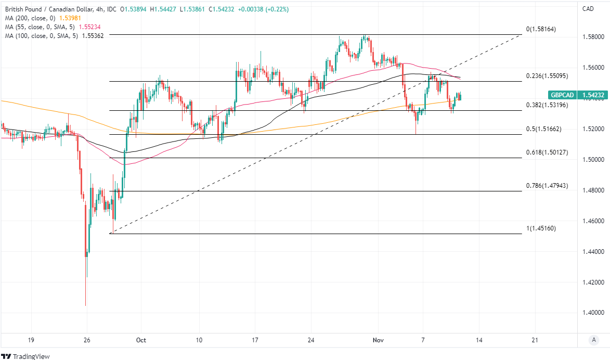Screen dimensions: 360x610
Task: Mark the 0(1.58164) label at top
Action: [541, 29]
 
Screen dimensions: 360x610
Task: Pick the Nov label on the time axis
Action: [378, 340]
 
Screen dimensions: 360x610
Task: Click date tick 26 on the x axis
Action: [87, 340]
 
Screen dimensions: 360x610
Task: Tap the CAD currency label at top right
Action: [588, 8]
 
